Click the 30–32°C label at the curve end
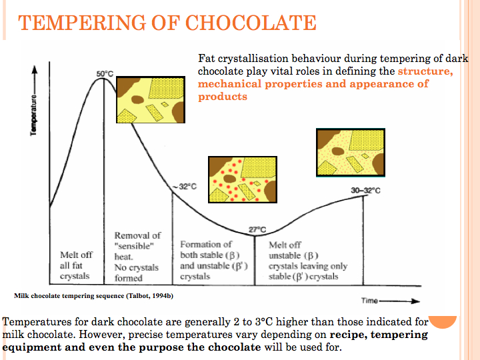coord(365,191)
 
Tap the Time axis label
coord(371,301)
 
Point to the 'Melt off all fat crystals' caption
coord(76,265)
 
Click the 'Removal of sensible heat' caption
coord(137,257)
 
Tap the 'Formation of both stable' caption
coord(214,260)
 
